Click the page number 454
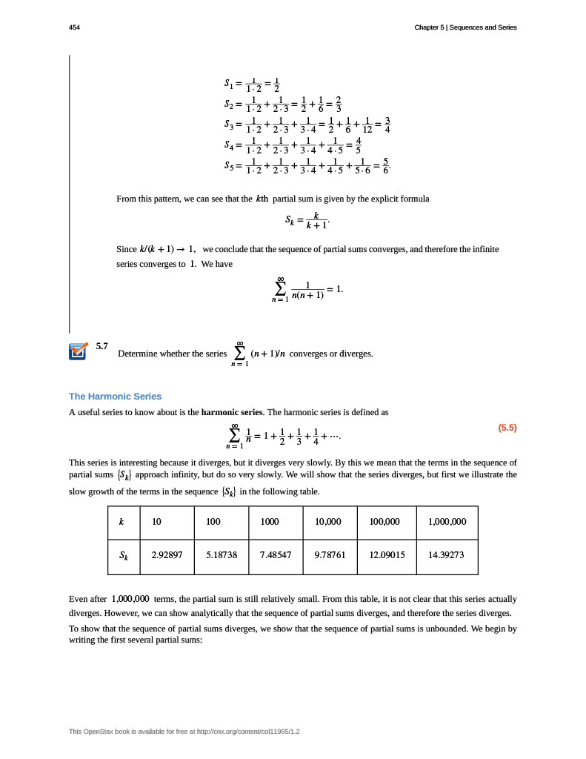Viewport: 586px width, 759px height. (74, 27)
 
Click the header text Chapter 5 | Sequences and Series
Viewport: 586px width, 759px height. (465, 27)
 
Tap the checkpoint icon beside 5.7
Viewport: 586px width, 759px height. (77, 351)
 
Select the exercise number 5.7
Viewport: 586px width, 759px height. (102, 346)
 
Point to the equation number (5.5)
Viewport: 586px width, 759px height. (507, 428)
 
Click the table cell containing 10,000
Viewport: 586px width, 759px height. (328, 522)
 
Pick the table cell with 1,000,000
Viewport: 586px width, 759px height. (447, 522)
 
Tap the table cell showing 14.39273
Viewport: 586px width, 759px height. (447, 553)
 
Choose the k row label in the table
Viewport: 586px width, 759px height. (121, 522)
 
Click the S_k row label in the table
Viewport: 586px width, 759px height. (124, 554)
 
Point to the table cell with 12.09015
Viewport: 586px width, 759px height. (387, 553)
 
